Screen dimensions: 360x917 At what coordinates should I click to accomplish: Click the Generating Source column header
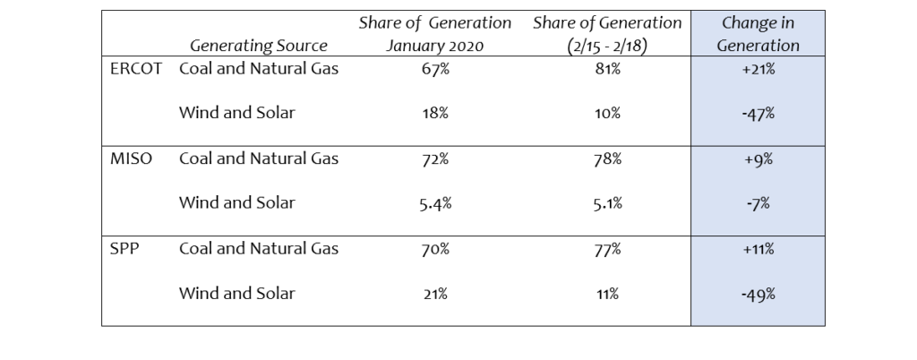click(258, 46)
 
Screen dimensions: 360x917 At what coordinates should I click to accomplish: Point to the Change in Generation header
click(757, 34)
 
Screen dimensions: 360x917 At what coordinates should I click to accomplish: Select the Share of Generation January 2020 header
click(435, 34)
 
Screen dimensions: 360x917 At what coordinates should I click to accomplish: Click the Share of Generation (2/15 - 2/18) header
click(607, 34)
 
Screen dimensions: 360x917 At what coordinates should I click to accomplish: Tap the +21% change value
click(758, 70)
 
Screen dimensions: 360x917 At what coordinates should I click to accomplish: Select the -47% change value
click(758, 115)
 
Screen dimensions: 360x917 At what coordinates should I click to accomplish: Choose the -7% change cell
click(758, 204)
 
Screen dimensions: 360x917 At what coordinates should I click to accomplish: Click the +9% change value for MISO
click(758, 159)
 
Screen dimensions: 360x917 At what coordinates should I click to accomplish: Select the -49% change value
click(758, 294)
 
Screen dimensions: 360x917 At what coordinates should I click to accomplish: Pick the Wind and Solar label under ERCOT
click(236, 113)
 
